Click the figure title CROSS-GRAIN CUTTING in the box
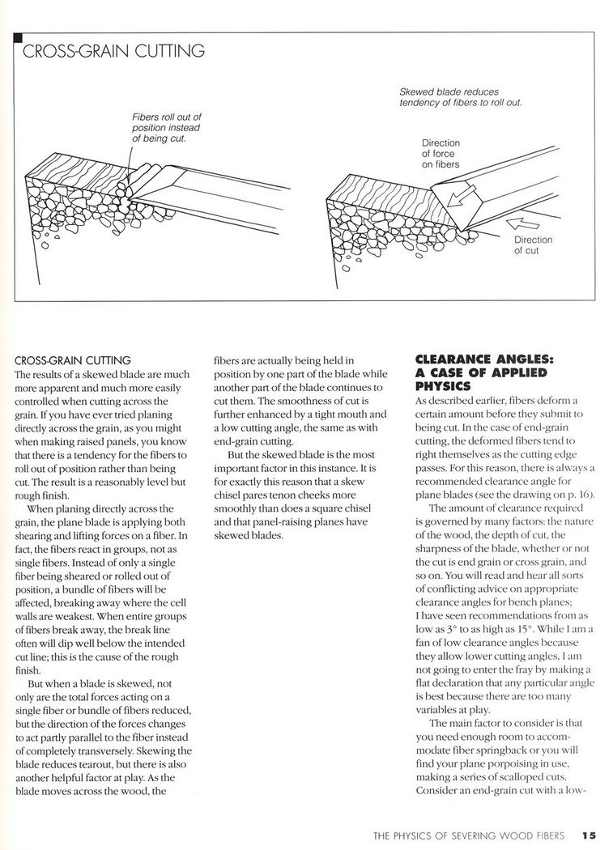(x=113, y=52)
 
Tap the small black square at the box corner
(x=19, y=36)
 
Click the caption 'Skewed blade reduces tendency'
(x=460, y=98)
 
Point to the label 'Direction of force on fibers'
(x=441, y=153)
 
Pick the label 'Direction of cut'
(x=533, y=245)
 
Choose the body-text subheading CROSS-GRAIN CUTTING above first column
(x=74, y=360)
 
